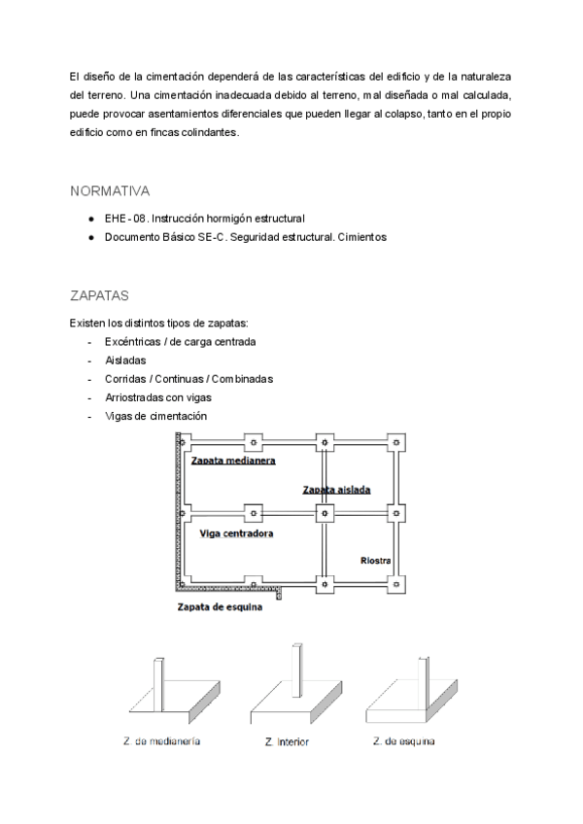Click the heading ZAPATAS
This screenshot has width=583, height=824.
tap(101, 294)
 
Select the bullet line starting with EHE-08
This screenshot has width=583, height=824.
tap(204, 218)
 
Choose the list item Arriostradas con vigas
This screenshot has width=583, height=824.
tap(157, 396)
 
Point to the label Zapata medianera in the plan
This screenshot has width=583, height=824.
tap(233, 461)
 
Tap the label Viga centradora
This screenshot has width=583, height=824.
tap(235, 533)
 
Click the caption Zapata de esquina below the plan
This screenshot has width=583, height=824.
tap(220, 610)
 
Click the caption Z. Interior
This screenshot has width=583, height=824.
tap(287, 742)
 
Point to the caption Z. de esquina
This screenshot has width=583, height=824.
tap(403, 742)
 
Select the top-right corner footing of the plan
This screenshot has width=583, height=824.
tap(395, 442)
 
